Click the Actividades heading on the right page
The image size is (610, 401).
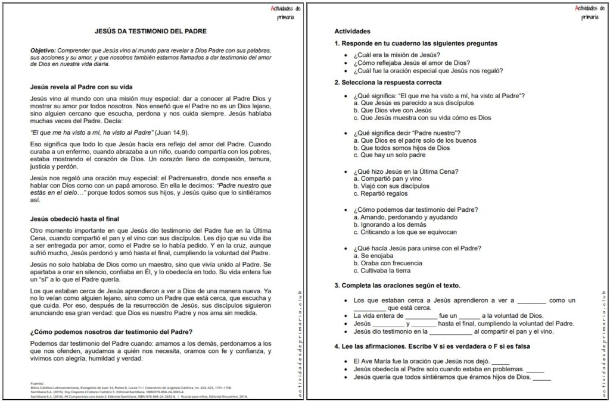[x=353, y=31]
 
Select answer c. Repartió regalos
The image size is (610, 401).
[x=384, y=193]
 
